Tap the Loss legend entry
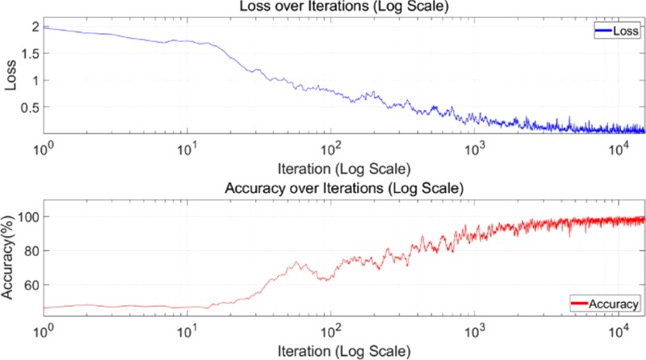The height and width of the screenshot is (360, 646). point(618,33)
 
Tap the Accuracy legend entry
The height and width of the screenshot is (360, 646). point(606,303)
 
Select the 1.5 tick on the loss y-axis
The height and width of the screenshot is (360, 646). point(30,53)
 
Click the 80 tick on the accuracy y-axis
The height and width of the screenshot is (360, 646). point(31,251)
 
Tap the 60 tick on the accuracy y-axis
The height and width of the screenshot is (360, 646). point(31,285)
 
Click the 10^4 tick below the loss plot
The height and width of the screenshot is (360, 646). point(619,149)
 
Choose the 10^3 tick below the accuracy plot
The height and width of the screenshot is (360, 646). point(476,331)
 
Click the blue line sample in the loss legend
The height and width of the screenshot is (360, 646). point(604,33)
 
